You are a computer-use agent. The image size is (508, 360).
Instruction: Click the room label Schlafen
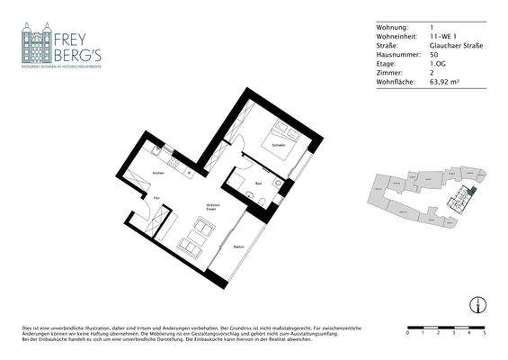pos(279,144)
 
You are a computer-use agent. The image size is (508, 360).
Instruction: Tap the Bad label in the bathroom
pos(258,183)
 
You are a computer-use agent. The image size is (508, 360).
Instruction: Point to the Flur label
pos(156,196)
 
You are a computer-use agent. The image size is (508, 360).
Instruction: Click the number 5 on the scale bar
pos(485,333)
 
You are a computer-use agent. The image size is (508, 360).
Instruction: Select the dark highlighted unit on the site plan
pos(464,197)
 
